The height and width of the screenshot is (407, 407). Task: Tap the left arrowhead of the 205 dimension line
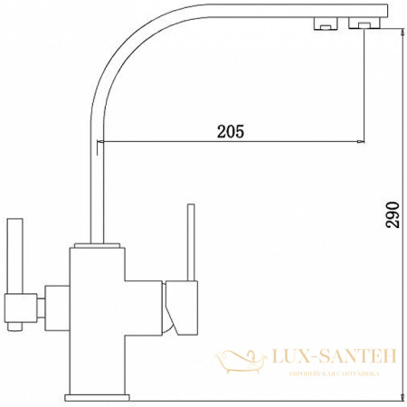tap(103, 141)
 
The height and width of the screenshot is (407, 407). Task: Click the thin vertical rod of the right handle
tap(191, 241)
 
